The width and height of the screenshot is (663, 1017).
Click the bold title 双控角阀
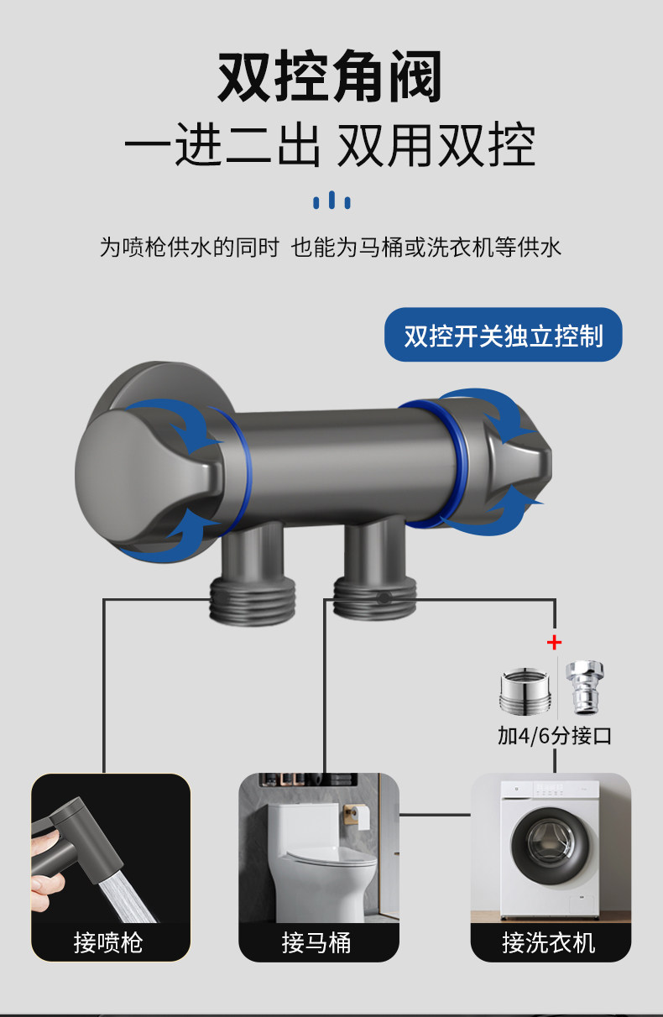330,77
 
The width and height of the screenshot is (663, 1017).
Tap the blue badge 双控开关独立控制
504,336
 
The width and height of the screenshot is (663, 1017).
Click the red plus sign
554,643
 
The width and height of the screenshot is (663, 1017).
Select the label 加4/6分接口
554,736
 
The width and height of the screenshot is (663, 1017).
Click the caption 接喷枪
108,942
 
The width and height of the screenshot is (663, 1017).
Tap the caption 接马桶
316,942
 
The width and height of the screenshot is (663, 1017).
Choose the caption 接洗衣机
549,942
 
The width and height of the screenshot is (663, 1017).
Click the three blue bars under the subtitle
331,201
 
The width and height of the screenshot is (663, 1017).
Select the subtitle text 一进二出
222,148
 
